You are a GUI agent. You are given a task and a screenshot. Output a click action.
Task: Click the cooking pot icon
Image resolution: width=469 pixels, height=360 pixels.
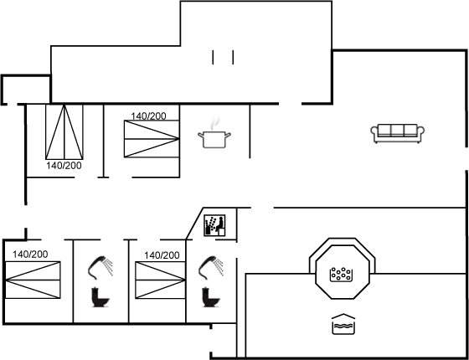[214, 139]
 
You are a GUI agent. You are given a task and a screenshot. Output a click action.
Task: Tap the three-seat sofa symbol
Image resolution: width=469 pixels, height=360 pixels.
[398, 133]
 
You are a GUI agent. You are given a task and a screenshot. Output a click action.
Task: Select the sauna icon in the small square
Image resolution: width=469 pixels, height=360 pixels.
[214, 225]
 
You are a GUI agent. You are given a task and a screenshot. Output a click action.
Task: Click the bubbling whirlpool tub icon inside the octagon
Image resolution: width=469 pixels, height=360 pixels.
[341, 275]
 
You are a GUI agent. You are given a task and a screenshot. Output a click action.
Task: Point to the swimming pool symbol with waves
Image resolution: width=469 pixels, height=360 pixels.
[343, 324]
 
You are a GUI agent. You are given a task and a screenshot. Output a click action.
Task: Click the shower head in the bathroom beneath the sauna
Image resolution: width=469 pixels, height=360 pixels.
[210, 267]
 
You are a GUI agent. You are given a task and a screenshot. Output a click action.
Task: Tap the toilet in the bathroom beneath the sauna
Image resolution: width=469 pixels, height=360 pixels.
[210, 297]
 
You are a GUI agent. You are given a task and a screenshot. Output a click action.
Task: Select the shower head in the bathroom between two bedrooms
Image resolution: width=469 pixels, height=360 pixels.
[100, 267]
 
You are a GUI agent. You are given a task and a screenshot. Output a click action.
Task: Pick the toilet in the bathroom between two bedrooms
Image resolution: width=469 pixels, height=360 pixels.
[100, 297]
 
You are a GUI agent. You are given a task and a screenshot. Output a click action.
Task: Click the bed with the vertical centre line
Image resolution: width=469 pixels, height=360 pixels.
[64, 132]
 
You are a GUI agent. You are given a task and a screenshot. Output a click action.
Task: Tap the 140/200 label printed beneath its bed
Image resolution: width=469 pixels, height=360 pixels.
[64, 166]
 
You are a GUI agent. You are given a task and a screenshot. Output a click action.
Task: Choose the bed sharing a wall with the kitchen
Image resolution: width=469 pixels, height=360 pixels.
[152, 139]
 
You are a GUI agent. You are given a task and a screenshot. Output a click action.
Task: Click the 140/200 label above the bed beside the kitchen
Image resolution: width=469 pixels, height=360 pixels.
[148, 116]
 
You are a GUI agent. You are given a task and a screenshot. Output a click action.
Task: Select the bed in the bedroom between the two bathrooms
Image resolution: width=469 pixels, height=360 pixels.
[160, 280]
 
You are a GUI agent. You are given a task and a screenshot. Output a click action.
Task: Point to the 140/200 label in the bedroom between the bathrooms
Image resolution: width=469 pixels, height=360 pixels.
[162, 255]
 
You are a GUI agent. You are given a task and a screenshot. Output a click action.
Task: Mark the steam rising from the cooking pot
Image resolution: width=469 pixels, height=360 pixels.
[214, 124]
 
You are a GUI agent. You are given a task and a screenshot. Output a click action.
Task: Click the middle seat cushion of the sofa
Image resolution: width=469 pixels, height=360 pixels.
[398, 131]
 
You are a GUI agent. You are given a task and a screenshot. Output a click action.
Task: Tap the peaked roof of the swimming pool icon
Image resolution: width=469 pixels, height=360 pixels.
[343, 316]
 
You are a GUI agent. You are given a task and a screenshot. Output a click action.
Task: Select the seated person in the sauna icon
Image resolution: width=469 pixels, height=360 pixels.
[219, 225]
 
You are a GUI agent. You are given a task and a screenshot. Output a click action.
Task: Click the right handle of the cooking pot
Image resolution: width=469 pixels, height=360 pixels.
[228, 136]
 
